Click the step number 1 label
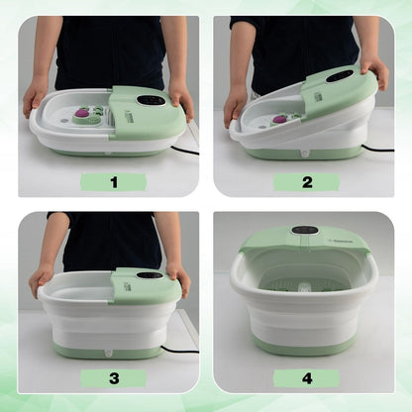113,182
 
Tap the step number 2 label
306,182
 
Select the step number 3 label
113,377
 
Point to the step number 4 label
306,377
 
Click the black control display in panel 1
152,100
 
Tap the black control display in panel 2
339,76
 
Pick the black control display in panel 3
150,275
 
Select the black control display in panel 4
305,230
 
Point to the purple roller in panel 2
280,119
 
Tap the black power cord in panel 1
186,151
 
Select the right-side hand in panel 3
177,278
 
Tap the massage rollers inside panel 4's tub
302,288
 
